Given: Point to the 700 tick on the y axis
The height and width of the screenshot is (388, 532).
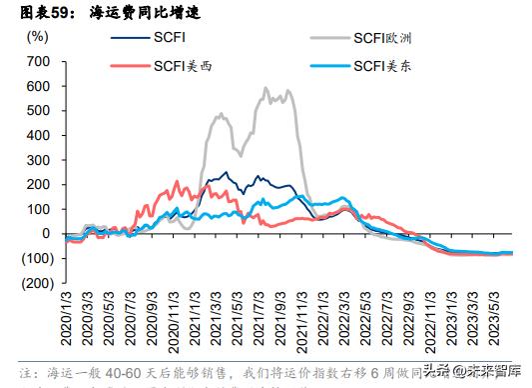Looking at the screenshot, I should point(37,61).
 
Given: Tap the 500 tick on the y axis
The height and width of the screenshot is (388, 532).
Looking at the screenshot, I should point(37,110).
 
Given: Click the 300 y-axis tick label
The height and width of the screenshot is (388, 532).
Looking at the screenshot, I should point(37,160).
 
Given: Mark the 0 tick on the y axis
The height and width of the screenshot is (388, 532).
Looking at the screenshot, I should point(45,234).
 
